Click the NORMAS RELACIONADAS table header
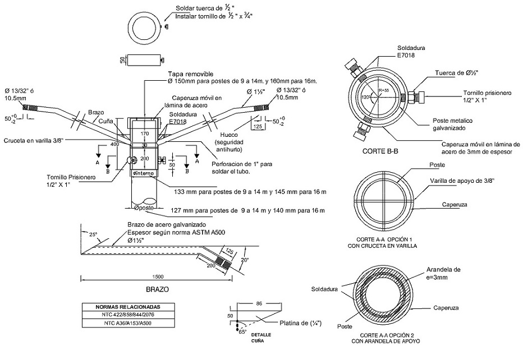(128, 307)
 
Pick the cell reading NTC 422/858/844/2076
(128, 316)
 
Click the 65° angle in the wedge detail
(242, 332)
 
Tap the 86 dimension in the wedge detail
(259, 303)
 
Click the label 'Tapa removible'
(190, 74)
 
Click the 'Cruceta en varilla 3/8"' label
(33, 140)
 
